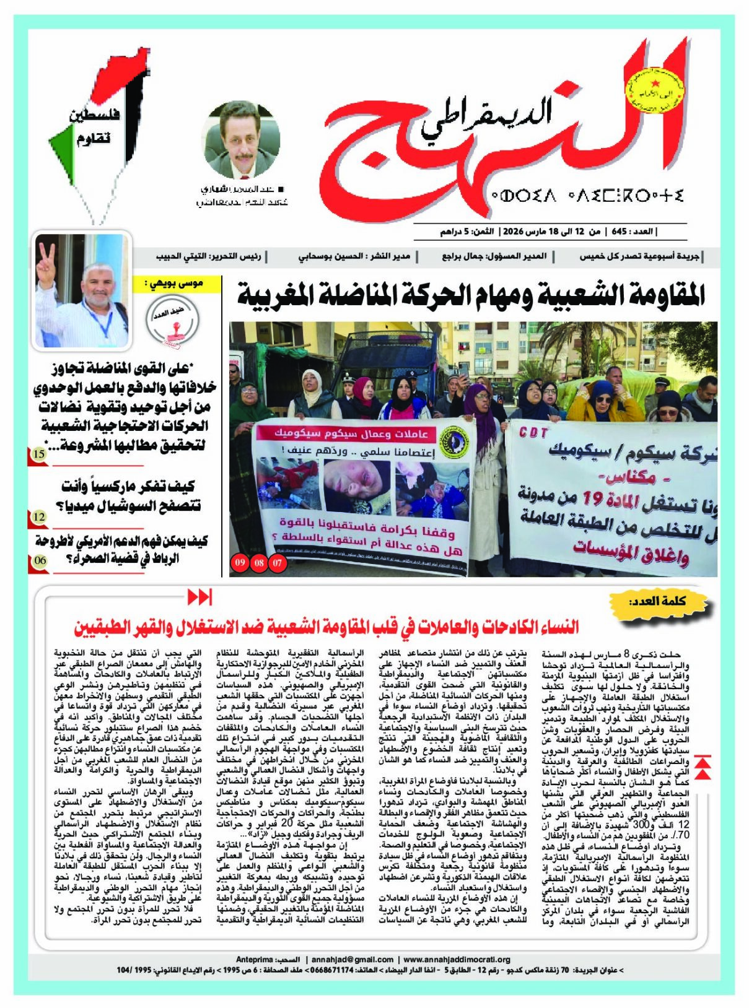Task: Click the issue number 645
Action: [619, 232]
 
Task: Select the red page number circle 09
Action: [240, 563]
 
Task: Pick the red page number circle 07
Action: [277, 563]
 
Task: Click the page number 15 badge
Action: [38, 454]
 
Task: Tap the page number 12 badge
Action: [38, 516]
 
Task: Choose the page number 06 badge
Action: [39, 560]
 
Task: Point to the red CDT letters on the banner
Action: [533, 432]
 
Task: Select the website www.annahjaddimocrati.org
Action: [457, 959]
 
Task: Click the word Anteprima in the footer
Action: [254, 959]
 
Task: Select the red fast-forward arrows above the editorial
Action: [199, 597]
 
